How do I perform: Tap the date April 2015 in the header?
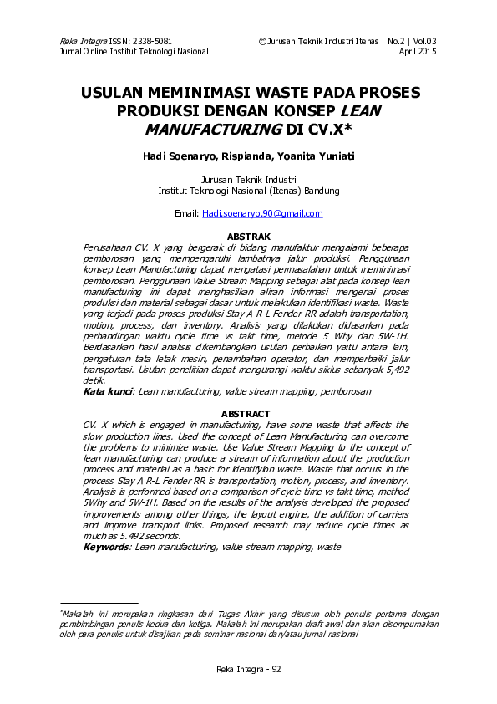[418, 51]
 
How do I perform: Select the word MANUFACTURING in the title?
[212, 129]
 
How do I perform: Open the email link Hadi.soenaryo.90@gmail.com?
[262, 213]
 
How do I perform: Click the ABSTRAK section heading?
[248, 237]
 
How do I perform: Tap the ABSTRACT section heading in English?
[246, 414]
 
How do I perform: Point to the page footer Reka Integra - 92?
[249, 670]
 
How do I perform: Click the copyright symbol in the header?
[262, 41]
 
